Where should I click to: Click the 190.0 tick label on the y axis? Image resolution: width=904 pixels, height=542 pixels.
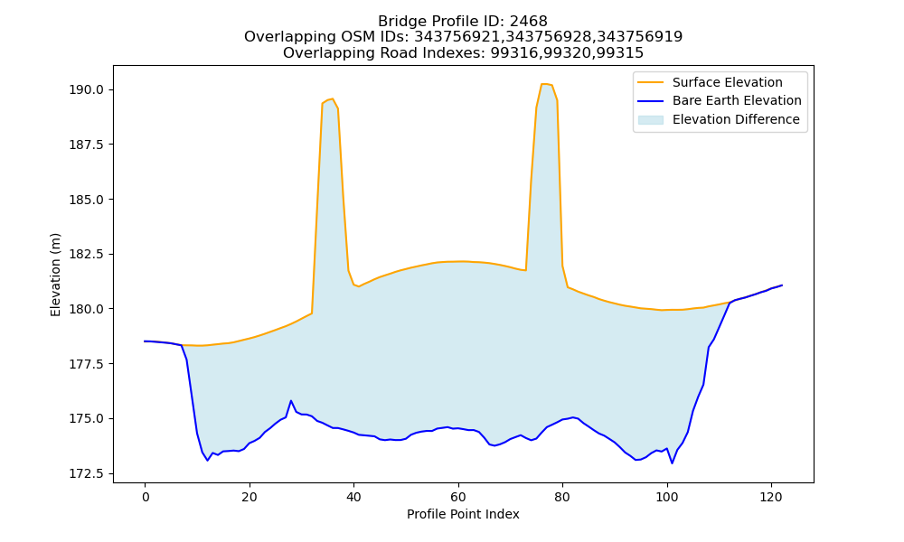[x=87, y=89]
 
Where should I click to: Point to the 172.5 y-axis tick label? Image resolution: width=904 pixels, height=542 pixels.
[x=87, y=474]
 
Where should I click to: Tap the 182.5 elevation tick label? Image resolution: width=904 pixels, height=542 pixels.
[x=87, y=255]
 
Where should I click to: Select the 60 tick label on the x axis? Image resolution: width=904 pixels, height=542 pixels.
[x=458, y=497]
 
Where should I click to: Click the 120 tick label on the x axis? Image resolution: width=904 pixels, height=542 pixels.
[x=771, y=497]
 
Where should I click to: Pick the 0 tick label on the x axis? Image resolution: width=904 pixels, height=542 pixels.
[x=146, y=497]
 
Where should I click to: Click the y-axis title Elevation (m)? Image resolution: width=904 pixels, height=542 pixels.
[x=55, y=275]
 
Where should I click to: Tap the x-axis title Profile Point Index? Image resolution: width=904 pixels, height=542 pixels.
[x=463, y=514]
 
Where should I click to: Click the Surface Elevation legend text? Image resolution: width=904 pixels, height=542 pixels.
[x=728, y=82]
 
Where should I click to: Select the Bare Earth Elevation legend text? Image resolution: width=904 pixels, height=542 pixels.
[x=737, y=101]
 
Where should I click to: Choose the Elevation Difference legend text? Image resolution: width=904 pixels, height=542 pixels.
[x=736, y=119]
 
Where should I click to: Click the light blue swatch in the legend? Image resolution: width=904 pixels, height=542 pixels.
[x=650, y=120]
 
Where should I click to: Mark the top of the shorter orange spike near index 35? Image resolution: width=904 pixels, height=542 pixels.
[x=332, y=98]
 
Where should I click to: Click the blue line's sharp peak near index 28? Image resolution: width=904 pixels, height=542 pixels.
[x=291, y=400]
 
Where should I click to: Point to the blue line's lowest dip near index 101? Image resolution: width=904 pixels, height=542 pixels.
[x=673, y=463]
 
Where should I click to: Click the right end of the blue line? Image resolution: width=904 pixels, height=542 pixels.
[x=782, y=285]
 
